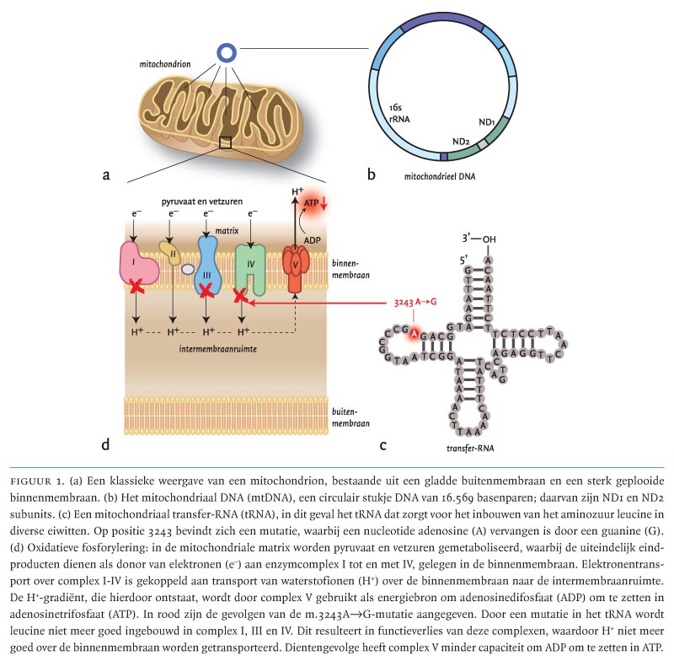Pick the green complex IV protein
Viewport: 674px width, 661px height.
[x=250, y=268]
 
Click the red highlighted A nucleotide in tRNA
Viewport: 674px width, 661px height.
[x=414, y=334]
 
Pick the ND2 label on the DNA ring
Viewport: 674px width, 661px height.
[x=460, y=141]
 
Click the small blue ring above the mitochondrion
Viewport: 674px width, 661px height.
[x=227, y=53]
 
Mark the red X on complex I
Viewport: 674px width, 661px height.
[x=136, y=289]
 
